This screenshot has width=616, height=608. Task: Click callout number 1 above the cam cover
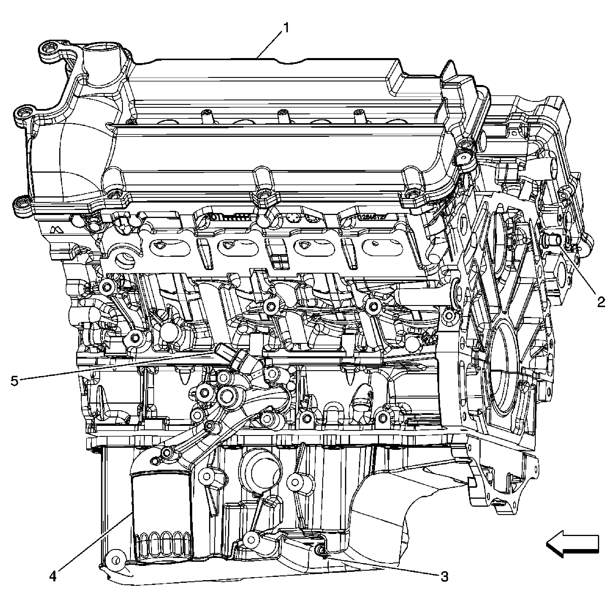[x=286, y=28]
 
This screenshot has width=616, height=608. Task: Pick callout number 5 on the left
[x=14, y=381]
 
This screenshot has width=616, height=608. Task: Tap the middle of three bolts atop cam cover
[x=282, y=113]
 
